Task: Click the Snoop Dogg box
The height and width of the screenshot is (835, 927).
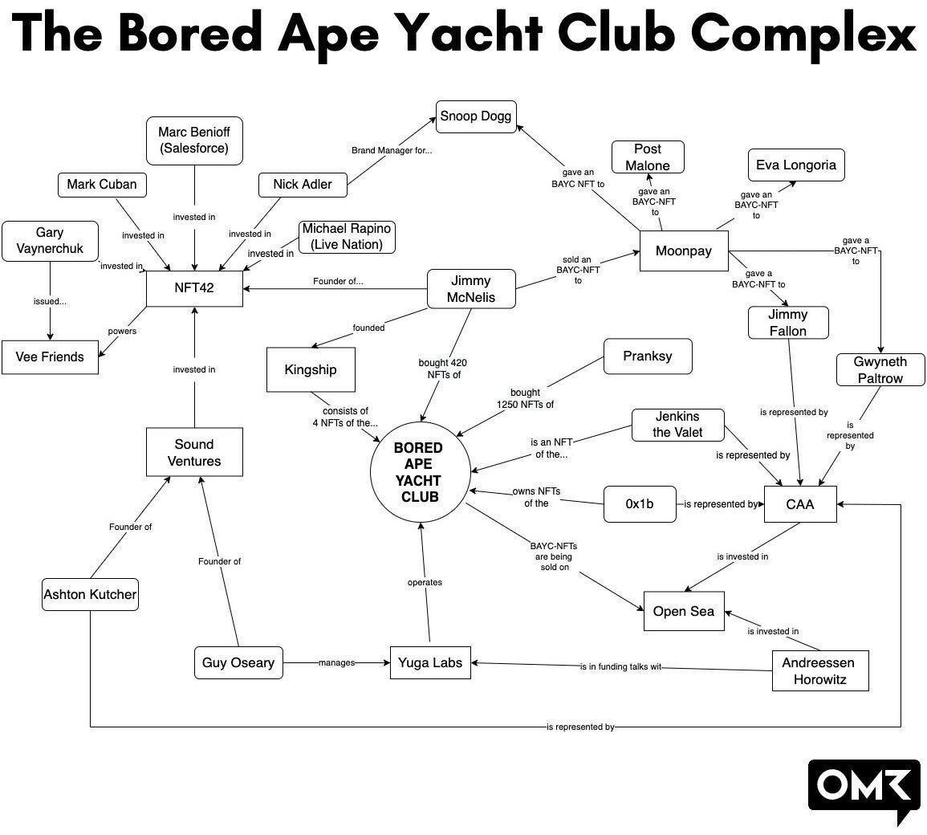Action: point(475,117)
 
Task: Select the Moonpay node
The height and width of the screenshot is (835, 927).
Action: point(683,251)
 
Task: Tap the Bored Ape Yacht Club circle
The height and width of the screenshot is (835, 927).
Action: point(417,472)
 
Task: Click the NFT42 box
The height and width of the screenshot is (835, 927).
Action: point(194,287)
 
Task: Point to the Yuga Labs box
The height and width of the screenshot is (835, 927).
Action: point(430,663)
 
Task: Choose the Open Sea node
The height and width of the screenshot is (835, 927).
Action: point(683,612)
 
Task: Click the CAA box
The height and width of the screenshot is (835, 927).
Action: point(799,504)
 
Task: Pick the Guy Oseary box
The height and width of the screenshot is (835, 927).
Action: point(238,663)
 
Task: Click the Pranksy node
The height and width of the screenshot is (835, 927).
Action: point(647,356)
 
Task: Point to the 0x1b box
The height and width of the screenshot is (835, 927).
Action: point(639,504)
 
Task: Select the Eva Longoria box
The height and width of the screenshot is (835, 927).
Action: point(795,165)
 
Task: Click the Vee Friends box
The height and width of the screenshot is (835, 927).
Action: point(50,357)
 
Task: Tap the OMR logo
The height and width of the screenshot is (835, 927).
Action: point(863,788)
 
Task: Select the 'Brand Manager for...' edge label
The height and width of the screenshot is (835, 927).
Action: point(392,150)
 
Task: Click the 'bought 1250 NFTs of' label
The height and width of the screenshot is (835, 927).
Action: point(526,399)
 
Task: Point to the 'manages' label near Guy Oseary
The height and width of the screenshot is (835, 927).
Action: point(336,663)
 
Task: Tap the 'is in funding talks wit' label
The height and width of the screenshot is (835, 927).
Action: point(620,667)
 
